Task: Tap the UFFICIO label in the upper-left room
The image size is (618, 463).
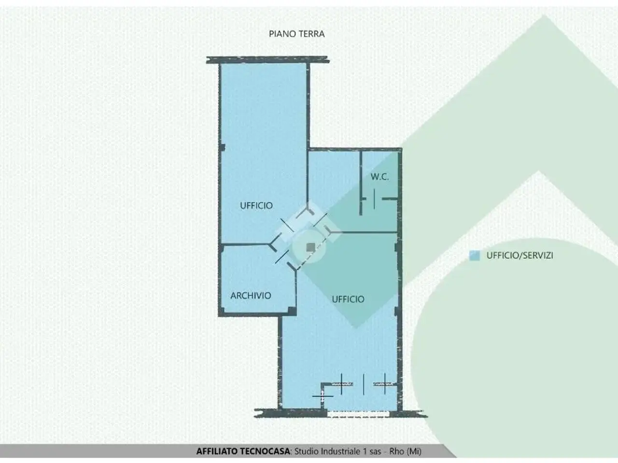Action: (256, 205)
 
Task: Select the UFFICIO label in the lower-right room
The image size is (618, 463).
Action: (348, 299)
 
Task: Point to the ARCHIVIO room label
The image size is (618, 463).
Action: (251, 296)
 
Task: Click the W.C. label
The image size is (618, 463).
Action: (379, 177)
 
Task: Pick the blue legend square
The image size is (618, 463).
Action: (475, 256)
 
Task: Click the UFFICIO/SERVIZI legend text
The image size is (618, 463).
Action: (520, 256)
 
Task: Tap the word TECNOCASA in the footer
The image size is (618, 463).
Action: (265, 451)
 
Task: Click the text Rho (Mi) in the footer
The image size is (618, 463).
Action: (405, 451)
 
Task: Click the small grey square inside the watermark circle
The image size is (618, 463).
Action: (310, 247)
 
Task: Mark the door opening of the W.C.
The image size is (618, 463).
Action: (374, 199)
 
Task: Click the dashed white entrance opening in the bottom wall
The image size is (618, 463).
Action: (358, 413)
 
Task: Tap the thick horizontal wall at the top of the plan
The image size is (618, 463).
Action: (268, 60)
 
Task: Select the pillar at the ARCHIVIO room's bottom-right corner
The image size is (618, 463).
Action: (292, 311)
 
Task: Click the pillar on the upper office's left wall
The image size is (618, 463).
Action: (223, 148)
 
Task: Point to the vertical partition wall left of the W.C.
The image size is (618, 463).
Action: (361, 183)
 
